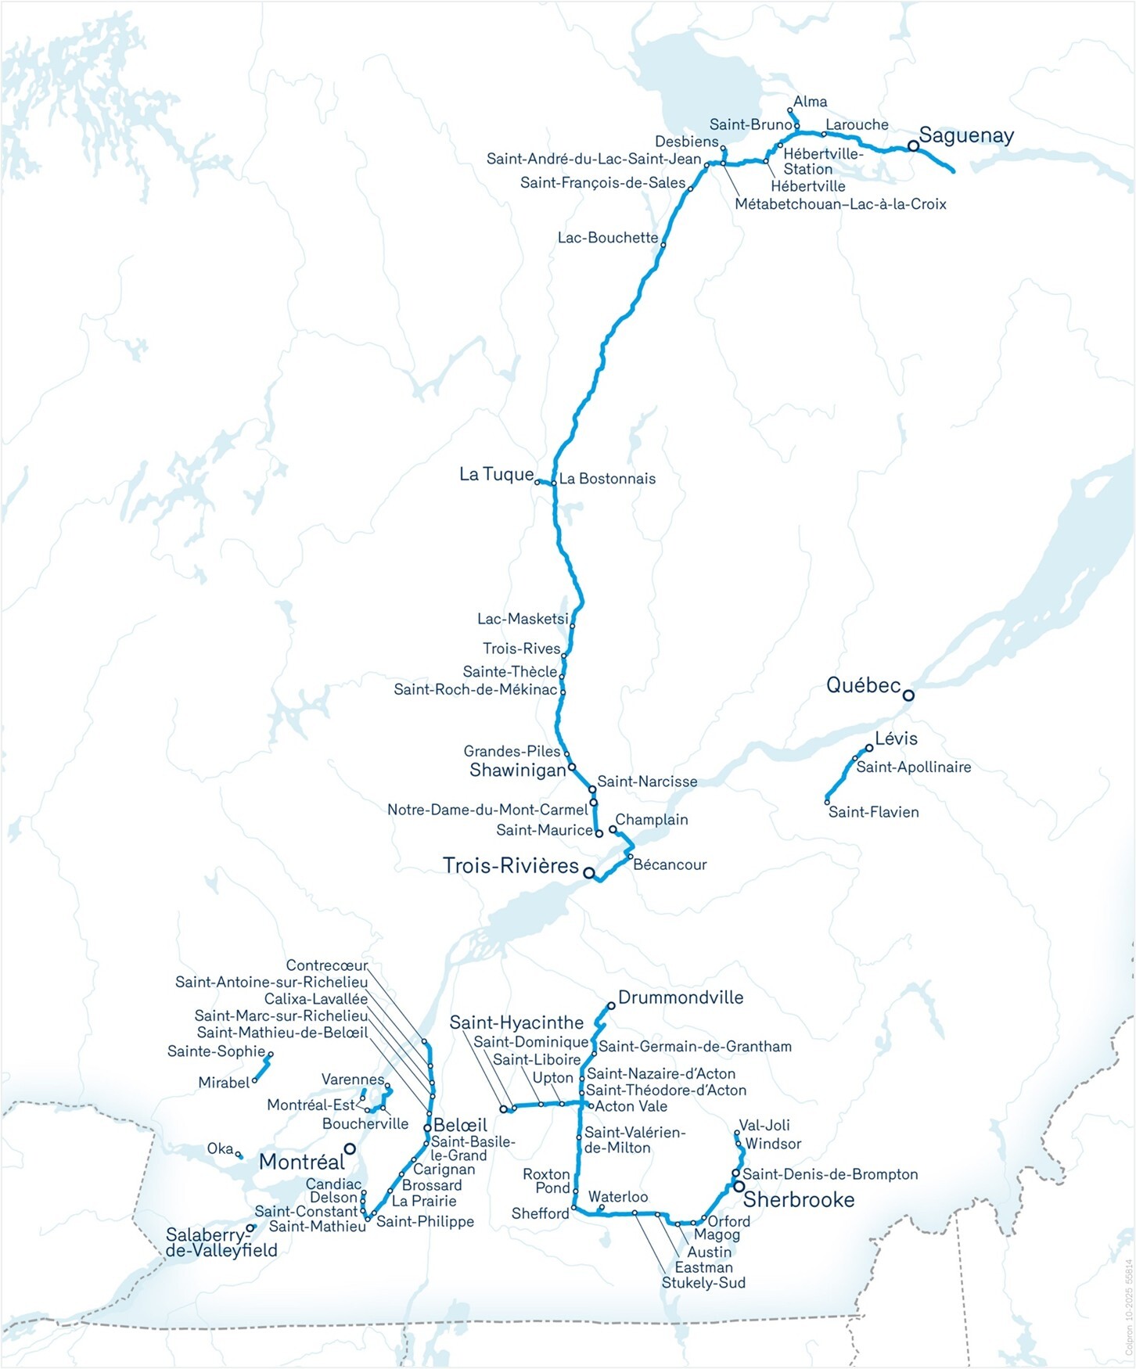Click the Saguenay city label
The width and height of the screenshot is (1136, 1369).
coord(966,136)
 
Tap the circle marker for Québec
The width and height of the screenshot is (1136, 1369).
coord(908,695)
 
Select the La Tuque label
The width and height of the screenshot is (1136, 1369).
coord(496,474)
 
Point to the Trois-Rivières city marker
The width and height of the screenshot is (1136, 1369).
coord(588,872)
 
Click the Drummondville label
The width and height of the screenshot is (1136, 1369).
coord(681,997)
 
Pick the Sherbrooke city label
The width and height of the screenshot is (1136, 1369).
coord(799,1199)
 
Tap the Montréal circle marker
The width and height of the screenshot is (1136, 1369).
coord(350,1148)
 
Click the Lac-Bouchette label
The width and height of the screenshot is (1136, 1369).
coord(608,238)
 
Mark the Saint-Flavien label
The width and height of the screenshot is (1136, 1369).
coord(873,812)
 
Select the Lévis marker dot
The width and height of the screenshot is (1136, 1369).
coord(868,748)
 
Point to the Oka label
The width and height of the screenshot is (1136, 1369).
coord(220,1148)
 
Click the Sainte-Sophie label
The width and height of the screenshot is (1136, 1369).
coord(216,1051)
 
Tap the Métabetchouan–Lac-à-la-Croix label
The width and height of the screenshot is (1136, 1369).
coord(840,204)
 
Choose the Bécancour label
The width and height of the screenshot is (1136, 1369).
coord(670,864)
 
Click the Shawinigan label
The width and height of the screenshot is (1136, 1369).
coord(517,771)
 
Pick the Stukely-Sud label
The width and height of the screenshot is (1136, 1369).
coord(703,1283)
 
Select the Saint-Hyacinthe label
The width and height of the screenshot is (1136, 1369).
coord(516,1022)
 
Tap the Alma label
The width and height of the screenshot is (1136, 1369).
coord(810,102)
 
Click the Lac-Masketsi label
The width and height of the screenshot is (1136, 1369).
coord(523,619)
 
